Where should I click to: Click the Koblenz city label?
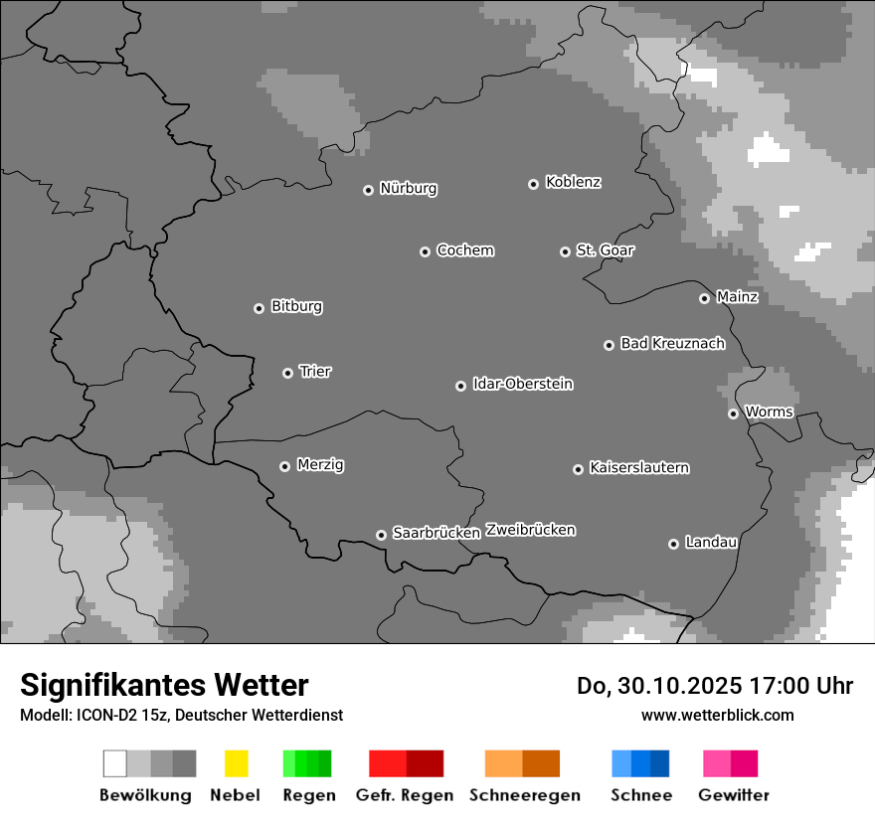(x=573, y=182)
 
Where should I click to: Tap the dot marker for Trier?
(x=288, y=373)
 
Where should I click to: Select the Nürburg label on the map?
(x=408, y=188)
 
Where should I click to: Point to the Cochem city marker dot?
(x=425, y=251)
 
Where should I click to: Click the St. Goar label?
(x=605, y=250)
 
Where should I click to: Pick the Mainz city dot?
(x=704, y=298)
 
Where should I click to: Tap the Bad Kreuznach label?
(x=672, y=344)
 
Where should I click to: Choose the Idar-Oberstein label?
(x=523, y=384)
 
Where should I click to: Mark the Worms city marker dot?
(x=733, y=413)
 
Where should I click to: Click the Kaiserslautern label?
(x=638, y=467)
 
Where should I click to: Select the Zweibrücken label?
(x=530, y=530)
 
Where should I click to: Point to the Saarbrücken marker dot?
(x=381, y=535)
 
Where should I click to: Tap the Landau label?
(x=711, y=543)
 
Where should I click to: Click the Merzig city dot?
(x=284, y=466)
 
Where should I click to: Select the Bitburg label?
(x=296, y=306)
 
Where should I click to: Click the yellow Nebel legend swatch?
(x=236, y=763)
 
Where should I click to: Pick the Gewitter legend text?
(x=734, y=795)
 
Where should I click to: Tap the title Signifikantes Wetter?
(x=164, y=685)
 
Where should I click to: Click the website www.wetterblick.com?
(x=717, y=715)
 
